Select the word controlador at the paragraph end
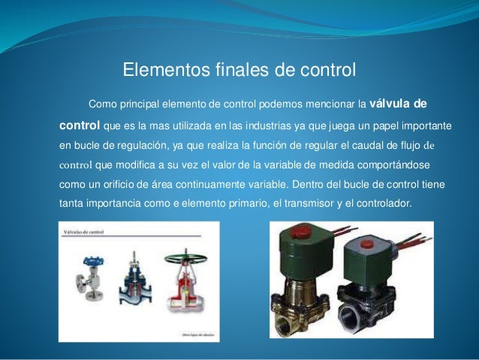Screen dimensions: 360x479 pyautogui.click(x=382, y=203)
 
